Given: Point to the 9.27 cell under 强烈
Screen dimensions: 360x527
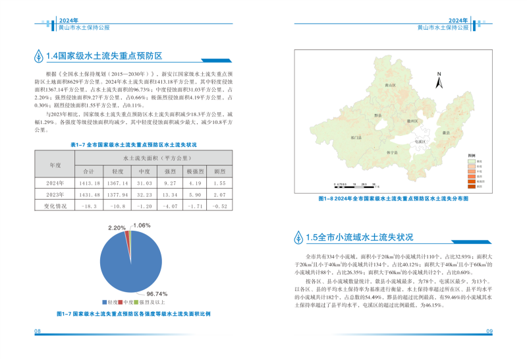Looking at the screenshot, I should (170, 183).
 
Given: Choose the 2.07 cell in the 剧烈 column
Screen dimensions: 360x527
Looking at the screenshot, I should (219, 195).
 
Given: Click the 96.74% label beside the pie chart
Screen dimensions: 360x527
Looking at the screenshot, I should (157, 293).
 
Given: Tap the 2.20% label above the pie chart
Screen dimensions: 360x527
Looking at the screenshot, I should (117, 228).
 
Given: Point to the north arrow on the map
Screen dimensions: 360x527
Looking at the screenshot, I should (437, 82).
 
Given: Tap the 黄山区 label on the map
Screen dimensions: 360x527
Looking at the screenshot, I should (389, 86).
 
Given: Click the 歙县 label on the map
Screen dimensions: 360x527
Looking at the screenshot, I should (446, 133).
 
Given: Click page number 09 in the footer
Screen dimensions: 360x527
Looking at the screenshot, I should (489, 330).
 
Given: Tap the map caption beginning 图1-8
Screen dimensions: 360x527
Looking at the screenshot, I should (393, 198).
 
